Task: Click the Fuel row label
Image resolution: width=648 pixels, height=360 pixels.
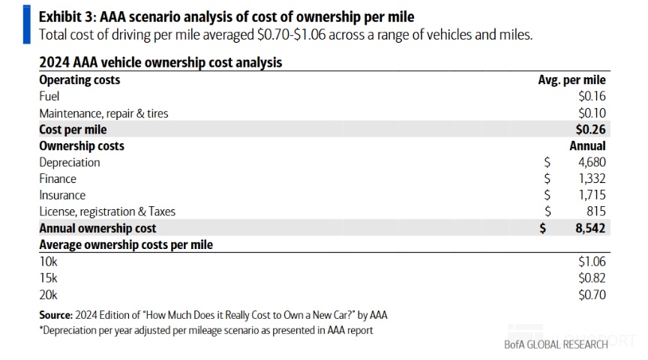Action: (x=49, y=97)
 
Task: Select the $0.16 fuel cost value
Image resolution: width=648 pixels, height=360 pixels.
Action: (x=592, y=97)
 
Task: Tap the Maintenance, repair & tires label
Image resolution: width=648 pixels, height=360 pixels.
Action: (x=103, y=113)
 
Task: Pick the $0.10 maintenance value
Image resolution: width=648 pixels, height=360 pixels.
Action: (x=592, y=113)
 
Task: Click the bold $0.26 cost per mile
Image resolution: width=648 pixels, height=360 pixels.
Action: (x=591, y=130)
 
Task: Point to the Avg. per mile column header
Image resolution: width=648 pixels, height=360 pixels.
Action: (x=572, y=80)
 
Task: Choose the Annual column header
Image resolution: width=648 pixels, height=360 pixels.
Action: (x=587, y=146)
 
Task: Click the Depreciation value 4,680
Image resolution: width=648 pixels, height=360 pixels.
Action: (x=592, y=163)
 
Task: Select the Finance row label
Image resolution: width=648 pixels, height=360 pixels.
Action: (x=58, y=179)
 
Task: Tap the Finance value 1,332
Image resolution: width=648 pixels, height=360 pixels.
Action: (x=592, y=179)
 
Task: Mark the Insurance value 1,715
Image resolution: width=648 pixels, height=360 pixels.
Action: (x=592, y=196)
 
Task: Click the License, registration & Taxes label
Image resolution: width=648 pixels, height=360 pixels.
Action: (x=107, y=212)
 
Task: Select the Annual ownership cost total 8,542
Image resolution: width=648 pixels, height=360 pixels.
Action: (x=590, y=229)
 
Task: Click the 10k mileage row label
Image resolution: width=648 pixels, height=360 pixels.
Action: (x=47, y=262)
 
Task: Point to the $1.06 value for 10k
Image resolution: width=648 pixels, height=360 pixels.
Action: (x=592, y=262)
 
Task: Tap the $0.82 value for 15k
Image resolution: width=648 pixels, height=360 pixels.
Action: (x=592, y=278)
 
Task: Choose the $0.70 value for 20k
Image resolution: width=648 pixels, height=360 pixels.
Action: (x=592, y=295)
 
